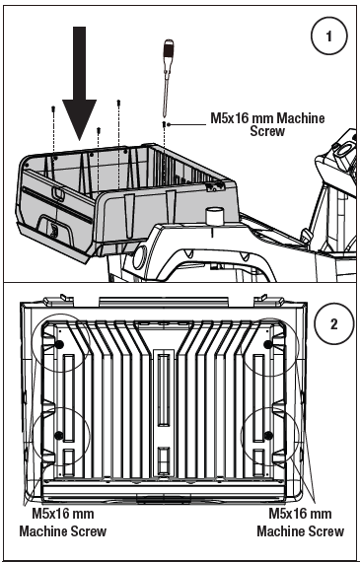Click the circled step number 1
tap(328, 35)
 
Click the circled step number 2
tap(333, 324)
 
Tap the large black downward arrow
tap(79, 83)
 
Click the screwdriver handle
tap(169, 51)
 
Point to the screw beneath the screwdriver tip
tap(165, 124)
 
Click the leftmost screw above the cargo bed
tap(53, 108)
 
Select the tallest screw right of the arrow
tap(118, 104)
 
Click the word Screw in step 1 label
tap(267, 131)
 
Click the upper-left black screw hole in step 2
tap(59, 345)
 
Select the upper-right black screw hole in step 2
tap(268, 345)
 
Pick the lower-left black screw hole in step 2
tap(58, 435)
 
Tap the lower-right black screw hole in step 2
tap(268, 435)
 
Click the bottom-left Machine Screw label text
tap(63, 530)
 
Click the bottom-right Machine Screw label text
tap(301, 530)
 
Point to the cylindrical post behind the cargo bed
tap(215, 216)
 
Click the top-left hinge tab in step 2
tap(58, 300)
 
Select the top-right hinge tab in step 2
tap(269, 300)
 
